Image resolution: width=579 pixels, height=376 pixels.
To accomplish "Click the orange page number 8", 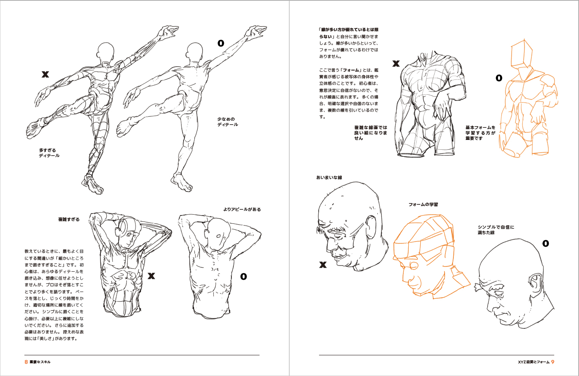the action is [26, 362].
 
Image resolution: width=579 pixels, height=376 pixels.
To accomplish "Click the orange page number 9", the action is [553, 362].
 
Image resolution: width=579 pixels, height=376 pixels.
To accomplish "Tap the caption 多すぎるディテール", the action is [49, 153].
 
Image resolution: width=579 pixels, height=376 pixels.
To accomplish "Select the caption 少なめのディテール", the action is [227, 122].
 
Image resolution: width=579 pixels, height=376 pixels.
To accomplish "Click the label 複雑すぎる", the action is [69, 220].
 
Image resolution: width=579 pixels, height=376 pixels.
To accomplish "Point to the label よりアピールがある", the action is [242, 209].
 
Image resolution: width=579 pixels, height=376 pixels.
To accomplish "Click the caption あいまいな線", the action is [329, 177].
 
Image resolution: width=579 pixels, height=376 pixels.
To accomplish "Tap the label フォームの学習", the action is [423, 204].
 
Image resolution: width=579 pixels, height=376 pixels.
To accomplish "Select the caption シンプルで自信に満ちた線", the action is [496, 230].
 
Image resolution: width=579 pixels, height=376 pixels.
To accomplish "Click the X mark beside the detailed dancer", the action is [45, 74].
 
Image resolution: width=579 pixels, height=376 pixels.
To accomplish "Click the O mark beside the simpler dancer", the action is [221, 43].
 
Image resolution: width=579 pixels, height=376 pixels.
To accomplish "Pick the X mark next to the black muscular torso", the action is [396, 64].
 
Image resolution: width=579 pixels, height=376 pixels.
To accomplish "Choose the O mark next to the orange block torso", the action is [499, 78].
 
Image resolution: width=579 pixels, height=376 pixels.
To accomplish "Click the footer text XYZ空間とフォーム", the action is [534, 362].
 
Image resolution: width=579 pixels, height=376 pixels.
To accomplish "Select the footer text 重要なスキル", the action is [40, 362].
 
